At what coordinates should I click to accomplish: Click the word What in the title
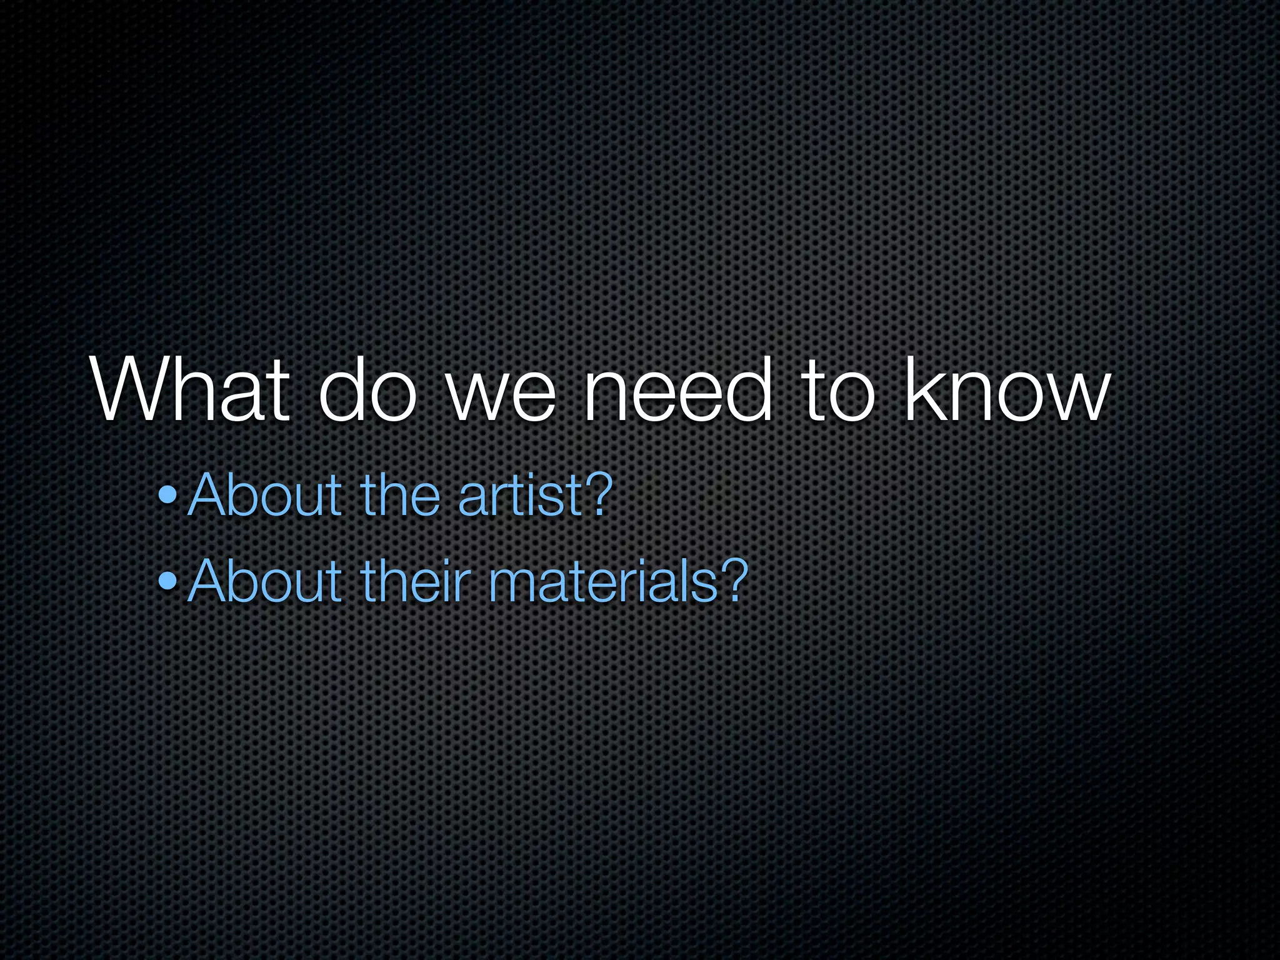click(191, 391)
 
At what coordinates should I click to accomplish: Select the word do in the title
click(368, 391)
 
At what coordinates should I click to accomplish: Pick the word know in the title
click(1007, 391)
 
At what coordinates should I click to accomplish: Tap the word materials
click(602, 582)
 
